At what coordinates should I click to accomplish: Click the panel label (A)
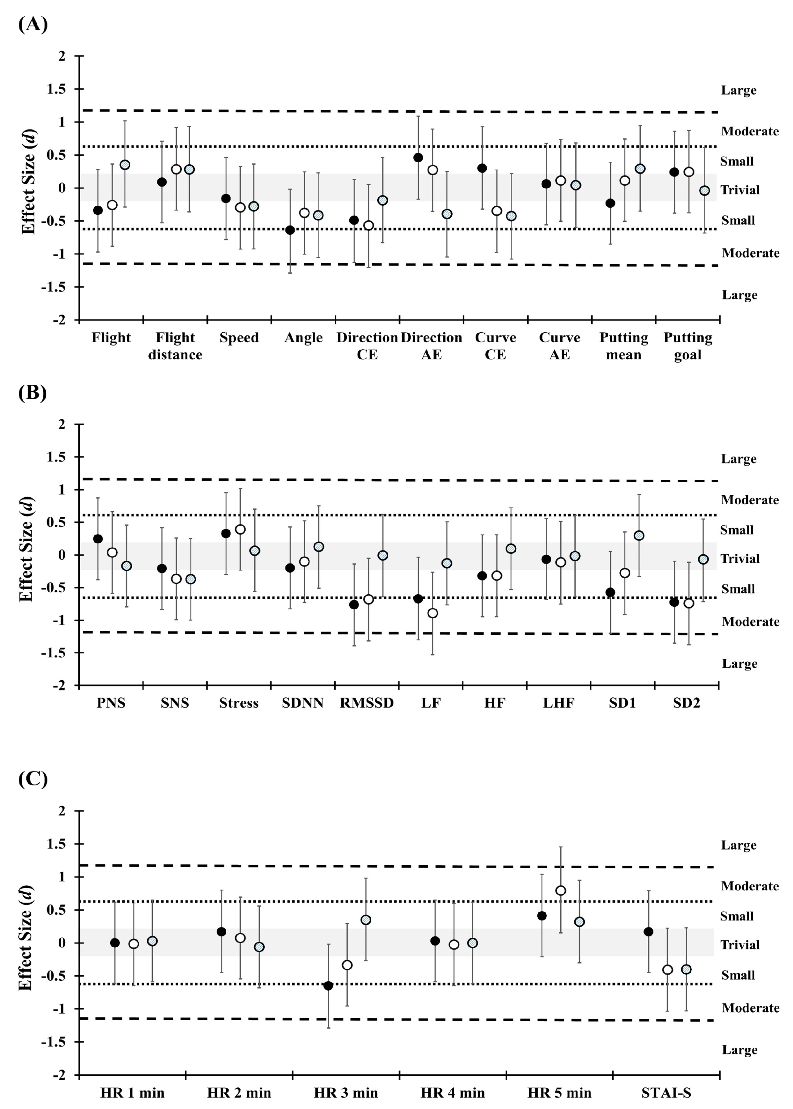click(x=33, y=24)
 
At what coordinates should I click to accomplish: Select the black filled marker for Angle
click(x=290, y=230)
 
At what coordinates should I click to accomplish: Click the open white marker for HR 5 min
click(x=561, y=891)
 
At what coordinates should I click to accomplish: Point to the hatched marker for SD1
click(x=639, y=536)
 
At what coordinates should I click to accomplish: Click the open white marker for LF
click(x=432, y=613)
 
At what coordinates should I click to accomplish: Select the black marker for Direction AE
click(x=418, y=157)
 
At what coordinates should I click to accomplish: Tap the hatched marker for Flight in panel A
click(x=125, y=165)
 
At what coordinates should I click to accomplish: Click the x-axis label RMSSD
click(x=367, y=703)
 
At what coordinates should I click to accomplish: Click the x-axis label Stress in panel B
click(x=239, y=703)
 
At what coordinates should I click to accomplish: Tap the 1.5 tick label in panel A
click(x=58, y=89)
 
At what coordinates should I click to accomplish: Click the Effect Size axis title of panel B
click(x=27, y=549)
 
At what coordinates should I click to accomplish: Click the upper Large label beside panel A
click(x=739, y=90)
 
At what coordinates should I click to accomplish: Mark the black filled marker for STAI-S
click(x=649, y=932)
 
